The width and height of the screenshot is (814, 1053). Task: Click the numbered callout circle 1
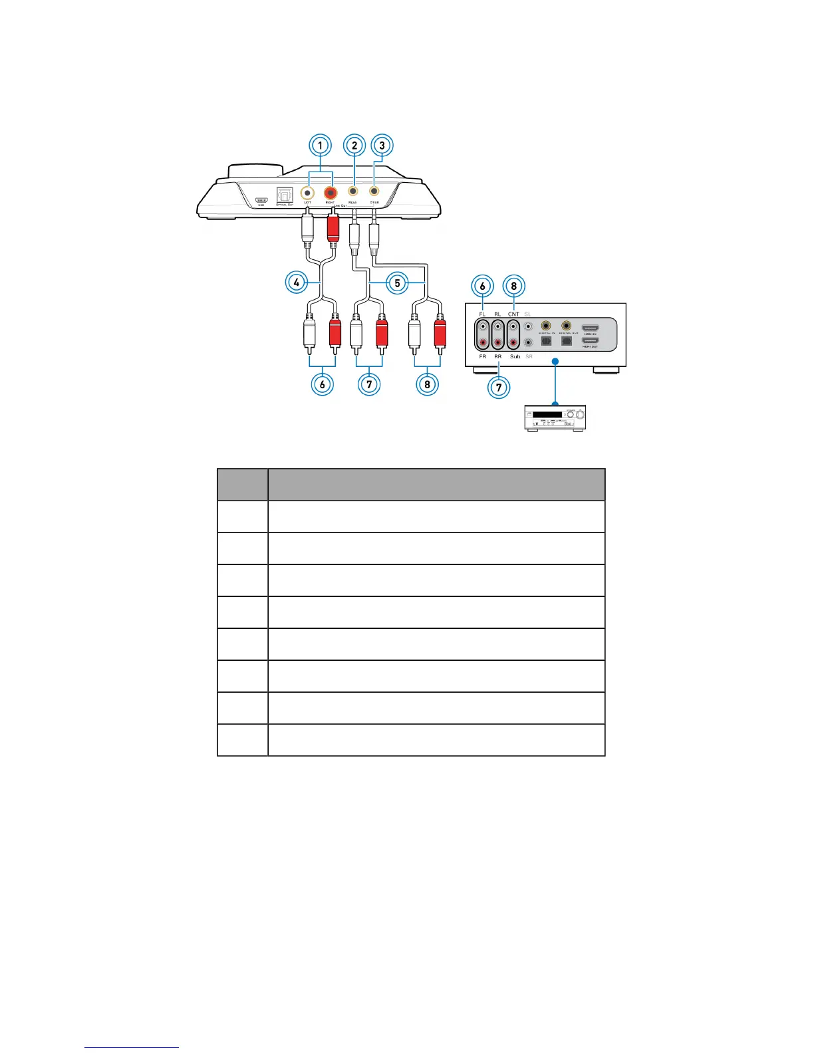point(321,145)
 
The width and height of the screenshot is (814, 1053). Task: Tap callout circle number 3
point(382,145)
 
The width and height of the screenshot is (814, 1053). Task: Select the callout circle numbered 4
point(296,283)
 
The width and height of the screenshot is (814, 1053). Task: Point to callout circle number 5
point(398,283)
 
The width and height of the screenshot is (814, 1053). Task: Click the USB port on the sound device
point(261,199)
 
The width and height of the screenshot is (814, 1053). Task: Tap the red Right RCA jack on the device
point(330,193)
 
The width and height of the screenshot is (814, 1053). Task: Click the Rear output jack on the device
point(353,191)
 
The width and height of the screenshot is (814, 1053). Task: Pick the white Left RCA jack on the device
point(307,193)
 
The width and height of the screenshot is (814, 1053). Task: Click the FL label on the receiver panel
point(482,314)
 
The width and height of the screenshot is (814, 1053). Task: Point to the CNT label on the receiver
point(513,314)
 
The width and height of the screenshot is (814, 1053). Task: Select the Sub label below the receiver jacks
point(515,357)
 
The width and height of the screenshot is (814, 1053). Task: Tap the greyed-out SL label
point(528,314)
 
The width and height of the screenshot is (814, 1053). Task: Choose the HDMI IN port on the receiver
point(590,327)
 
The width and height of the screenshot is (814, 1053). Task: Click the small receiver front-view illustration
point(556,418)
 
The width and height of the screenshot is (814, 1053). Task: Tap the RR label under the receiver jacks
point(497,357)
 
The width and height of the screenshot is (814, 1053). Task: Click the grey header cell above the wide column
point(436,485)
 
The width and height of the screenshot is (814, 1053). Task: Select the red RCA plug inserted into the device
point(333,226)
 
